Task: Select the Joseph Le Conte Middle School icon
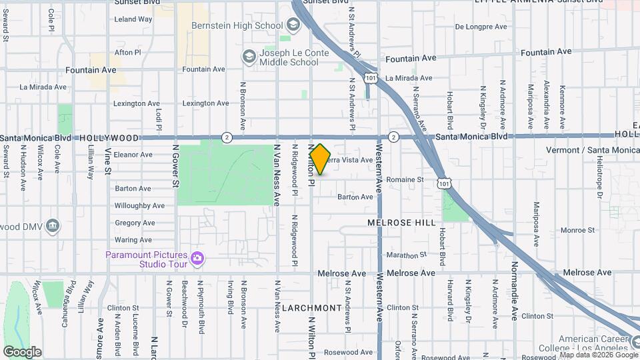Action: pos(249,56)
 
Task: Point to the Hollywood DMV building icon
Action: pos(53,227)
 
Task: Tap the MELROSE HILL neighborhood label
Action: pos(402,223)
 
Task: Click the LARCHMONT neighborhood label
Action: pos(312,308)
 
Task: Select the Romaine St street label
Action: pos(405,180)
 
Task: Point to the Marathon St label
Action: pos(406,255)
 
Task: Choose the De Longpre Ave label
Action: pos(482,27)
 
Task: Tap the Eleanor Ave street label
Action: pos(133,155)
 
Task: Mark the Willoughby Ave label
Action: pos(139,206)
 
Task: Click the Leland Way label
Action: pos(133,19)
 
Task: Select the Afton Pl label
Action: pos(128,52)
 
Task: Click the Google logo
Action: pos(22,352)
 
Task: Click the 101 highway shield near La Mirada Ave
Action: pos(369,79)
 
